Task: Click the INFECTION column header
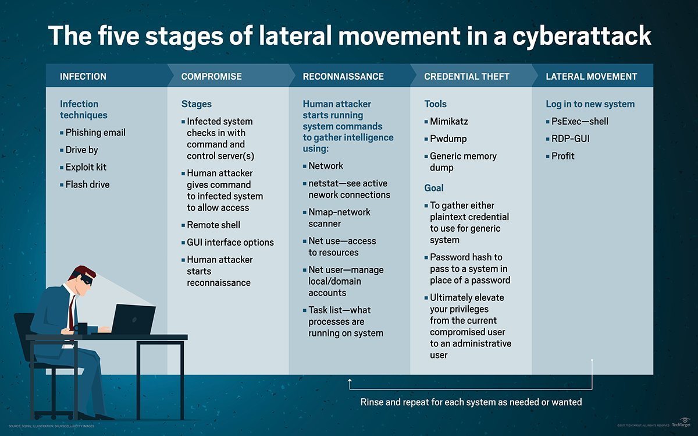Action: (83, 76)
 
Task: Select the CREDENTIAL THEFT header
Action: (466, 76)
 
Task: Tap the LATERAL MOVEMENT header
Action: (591, 76)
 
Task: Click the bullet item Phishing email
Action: (95, 133)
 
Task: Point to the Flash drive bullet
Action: (87, 185)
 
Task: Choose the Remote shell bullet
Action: (213, 225)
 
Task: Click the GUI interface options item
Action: (230, 242)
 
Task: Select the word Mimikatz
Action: (449, 122)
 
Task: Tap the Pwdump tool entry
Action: (448, 139)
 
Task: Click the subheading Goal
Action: (434, 188)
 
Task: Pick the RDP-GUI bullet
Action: (571, 139)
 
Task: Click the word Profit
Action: (563, 156)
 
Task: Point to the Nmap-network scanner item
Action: (339, 218)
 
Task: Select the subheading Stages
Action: (197, 104)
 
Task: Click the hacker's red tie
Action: (71, 314)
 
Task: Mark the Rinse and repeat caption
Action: (471, 402)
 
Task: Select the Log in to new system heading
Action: (590, 104)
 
